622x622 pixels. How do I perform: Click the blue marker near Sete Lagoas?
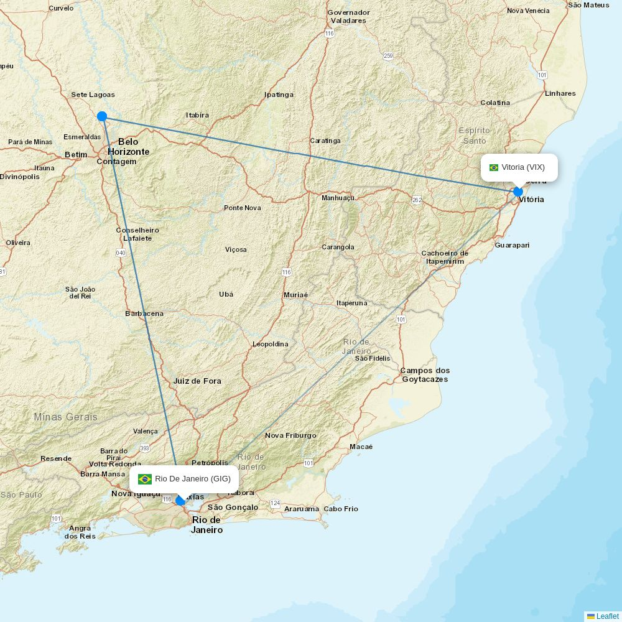102,116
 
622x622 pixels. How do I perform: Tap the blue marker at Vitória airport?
518,192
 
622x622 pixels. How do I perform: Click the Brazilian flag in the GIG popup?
145,479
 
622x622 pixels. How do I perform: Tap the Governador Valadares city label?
348,16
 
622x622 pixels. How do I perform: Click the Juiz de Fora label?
197,381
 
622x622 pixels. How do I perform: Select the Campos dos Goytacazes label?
425,374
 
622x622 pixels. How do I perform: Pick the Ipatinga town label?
279,95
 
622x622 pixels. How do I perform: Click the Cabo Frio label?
341,509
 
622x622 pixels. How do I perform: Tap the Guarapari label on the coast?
512,245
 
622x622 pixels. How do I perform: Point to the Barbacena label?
144,313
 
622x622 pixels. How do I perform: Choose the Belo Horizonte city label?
128,146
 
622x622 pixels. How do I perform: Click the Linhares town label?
560,93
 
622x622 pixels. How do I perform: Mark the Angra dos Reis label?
80,532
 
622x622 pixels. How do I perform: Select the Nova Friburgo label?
290,435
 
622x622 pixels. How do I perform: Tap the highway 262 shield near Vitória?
417,200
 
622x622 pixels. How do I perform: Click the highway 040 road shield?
121,253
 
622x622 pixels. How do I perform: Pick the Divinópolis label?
19,177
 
